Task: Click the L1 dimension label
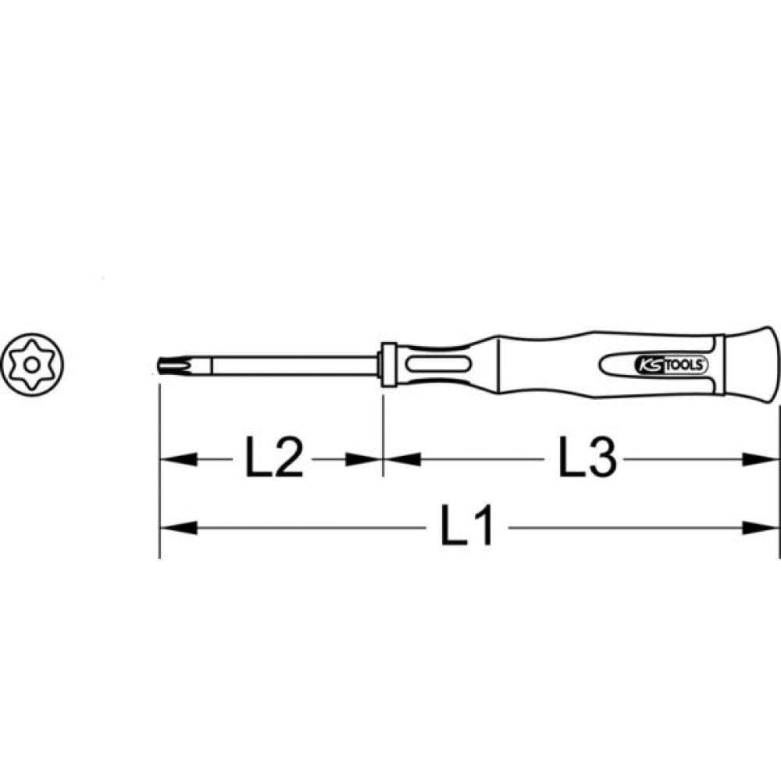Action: point(467,525)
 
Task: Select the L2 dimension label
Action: point(274,457)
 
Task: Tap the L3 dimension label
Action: point(588,457)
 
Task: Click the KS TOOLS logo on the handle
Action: point(670,365)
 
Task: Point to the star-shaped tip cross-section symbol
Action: point(32,365)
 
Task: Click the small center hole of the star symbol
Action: point(32,365)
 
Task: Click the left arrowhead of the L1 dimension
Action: point(178,527)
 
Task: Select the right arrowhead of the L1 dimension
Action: point(760,527)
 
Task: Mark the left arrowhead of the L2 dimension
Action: point(178,459)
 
